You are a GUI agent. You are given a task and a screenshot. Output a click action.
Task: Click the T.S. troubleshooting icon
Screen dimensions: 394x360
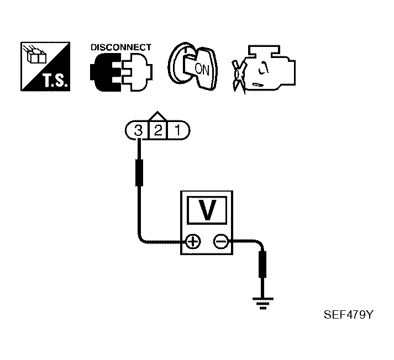click(45, 66)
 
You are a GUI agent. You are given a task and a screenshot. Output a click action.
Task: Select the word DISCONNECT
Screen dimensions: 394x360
click(121, 47)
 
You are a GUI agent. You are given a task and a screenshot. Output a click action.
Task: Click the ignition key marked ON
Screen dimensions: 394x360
click(193, 66)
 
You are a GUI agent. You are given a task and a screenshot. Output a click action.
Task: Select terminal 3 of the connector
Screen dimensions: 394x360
click(138, 130)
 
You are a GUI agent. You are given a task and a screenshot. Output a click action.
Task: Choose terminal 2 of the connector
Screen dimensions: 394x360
click(158, 130)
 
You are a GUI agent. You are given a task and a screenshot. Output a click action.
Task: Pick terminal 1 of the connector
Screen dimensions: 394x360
click(177, 130)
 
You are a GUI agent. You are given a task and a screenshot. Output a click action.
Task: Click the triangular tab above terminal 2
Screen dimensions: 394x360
click(157, 116)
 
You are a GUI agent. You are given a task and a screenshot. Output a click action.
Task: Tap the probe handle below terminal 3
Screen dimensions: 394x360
click(139, 173)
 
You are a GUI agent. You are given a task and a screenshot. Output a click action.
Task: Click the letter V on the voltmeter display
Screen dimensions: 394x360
click(207, 210)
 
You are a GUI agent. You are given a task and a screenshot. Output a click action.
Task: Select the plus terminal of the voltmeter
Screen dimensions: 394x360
click(193, 242)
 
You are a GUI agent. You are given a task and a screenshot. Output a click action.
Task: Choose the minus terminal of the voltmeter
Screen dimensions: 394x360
click(221, 242)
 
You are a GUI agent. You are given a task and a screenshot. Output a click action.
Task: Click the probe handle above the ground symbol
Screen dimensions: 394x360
click(262, 264)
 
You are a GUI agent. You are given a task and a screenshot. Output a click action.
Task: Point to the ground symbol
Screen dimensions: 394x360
click(263, 304)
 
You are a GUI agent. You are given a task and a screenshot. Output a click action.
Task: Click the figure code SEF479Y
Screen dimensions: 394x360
click(349, 315)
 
